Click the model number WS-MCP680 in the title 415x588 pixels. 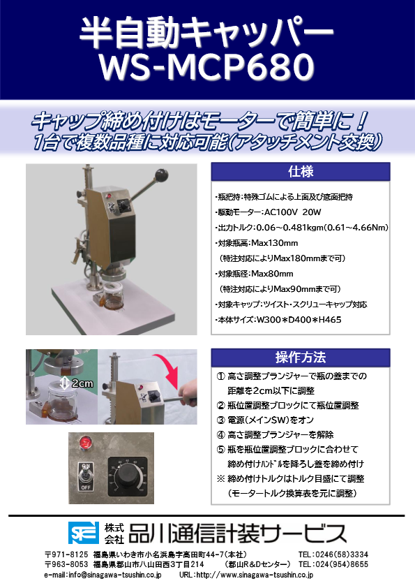coord(207,68)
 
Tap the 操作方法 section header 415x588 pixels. coord(300,358)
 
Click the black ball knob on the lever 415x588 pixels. coord(163,175)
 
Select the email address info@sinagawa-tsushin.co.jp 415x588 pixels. coord(103,575)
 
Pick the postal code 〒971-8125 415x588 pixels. coord(66,554)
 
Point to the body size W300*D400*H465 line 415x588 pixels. coord(268,319)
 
